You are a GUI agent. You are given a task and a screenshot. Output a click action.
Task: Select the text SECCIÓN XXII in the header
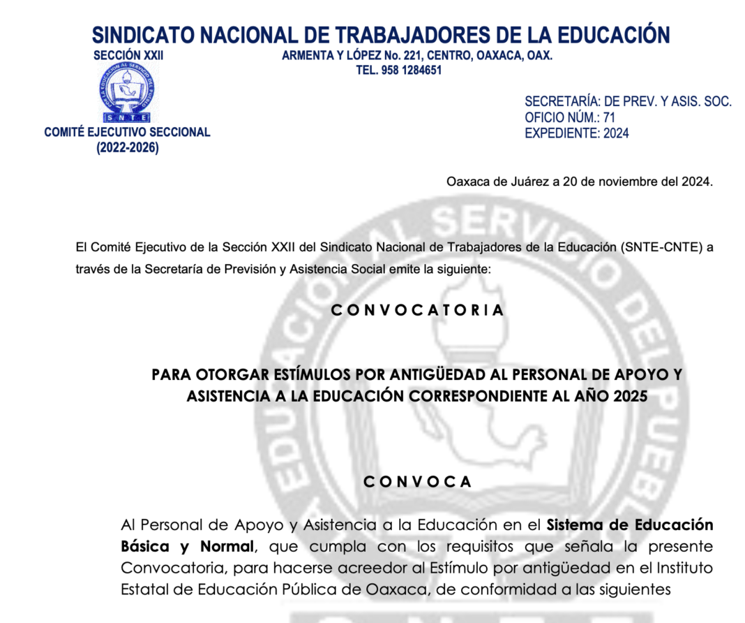[x=128, y=56]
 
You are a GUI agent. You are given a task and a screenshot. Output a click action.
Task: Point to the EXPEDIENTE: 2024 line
[x=576, y=133]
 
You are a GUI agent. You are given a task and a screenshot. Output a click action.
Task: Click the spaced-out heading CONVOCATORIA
[x=417, y=310]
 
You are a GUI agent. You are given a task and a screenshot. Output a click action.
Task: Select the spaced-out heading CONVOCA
[x=417, y=482]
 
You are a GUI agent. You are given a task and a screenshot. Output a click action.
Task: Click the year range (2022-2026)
[x=128, y=148]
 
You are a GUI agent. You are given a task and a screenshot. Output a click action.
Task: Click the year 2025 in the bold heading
[x=630, y=396]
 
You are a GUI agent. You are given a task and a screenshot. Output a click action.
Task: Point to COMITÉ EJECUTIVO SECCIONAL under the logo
[x=127, y=132]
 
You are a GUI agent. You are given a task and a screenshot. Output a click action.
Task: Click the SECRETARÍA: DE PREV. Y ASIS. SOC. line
[x=628, y=101]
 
